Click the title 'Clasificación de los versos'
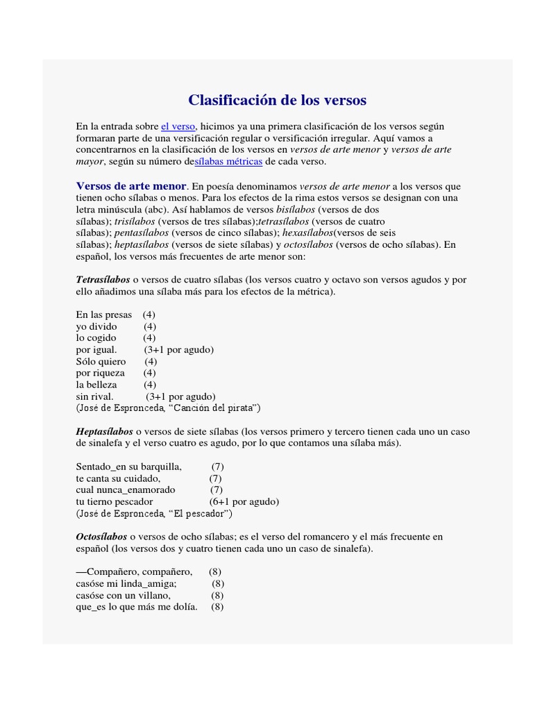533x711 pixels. [277, 100]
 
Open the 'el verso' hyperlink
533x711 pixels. [178, 126]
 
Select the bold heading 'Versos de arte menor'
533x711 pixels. [131, 186]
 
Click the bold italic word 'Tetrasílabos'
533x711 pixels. [103, 279]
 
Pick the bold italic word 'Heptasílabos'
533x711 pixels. [104, 431]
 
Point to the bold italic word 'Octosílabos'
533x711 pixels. [101, 537]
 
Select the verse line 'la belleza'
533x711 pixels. [96, 385]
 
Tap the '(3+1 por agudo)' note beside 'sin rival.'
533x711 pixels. [180, 396]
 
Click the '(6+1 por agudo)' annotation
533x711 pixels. [244, 501]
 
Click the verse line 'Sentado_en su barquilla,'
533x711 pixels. [128, 467]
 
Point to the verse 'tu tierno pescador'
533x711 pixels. [115, 501]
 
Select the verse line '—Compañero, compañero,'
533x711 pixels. [134, 572]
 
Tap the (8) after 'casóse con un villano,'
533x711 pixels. [217, 595]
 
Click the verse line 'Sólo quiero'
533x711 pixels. [101, 361]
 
